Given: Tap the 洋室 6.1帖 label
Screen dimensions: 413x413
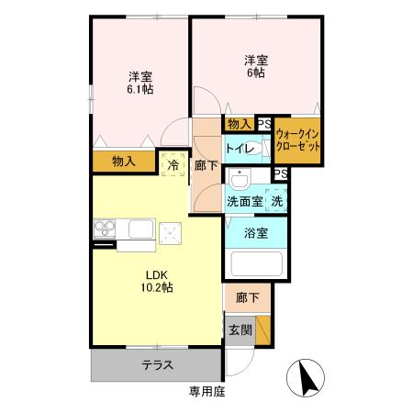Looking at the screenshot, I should [140, 84].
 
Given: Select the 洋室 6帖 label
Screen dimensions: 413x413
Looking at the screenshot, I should [255, 67].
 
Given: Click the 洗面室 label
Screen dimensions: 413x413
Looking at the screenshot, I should [244, 200].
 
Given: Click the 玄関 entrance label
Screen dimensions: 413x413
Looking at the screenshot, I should [238, 328].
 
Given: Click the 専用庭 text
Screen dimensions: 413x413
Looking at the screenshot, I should [206, 391].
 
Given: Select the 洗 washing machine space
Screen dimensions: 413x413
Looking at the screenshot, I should [277, 200].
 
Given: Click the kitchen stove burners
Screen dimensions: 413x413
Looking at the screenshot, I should [103, 229].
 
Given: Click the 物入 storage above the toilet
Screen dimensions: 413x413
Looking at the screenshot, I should [240, 123].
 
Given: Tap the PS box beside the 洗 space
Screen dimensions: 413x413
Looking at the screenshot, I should [280, 174].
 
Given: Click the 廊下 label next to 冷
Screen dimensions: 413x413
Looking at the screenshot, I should [206, 166].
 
